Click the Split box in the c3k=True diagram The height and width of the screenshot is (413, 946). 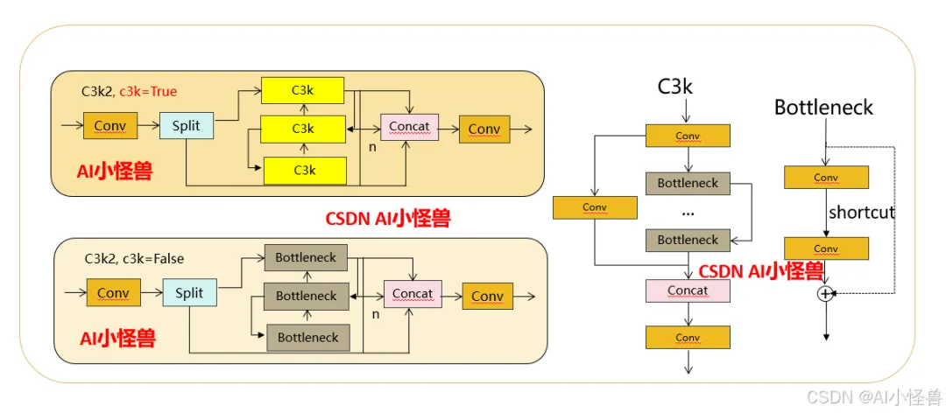186,126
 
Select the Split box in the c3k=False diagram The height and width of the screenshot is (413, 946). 189,293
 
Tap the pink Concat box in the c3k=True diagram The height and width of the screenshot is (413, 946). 409,127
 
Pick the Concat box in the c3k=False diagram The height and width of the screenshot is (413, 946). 413,294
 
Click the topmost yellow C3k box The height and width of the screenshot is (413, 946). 303,90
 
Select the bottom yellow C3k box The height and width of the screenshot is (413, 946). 303,170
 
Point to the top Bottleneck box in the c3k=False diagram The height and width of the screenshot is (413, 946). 307,258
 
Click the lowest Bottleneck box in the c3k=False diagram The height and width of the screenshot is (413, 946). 307,338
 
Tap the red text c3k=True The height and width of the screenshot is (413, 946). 148,91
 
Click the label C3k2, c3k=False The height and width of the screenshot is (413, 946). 134,259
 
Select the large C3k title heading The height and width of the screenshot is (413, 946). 675,87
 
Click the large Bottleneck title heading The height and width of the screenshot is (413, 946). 823,108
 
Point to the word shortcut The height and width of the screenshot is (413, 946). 862,213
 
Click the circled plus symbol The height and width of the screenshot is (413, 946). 825,294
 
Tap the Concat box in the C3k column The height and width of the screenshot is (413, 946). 688,290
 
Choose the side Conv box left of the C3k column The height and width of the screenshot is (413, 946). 594,207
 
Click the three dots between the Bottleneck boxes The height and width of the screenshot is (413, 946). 688,212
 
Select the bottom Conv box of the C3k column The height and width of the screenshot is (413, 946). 688,338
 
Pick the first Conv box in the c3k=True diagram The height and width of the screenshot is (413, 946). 109,127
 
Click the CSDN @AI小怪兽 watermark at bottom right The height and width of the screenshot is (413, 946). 873,397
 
